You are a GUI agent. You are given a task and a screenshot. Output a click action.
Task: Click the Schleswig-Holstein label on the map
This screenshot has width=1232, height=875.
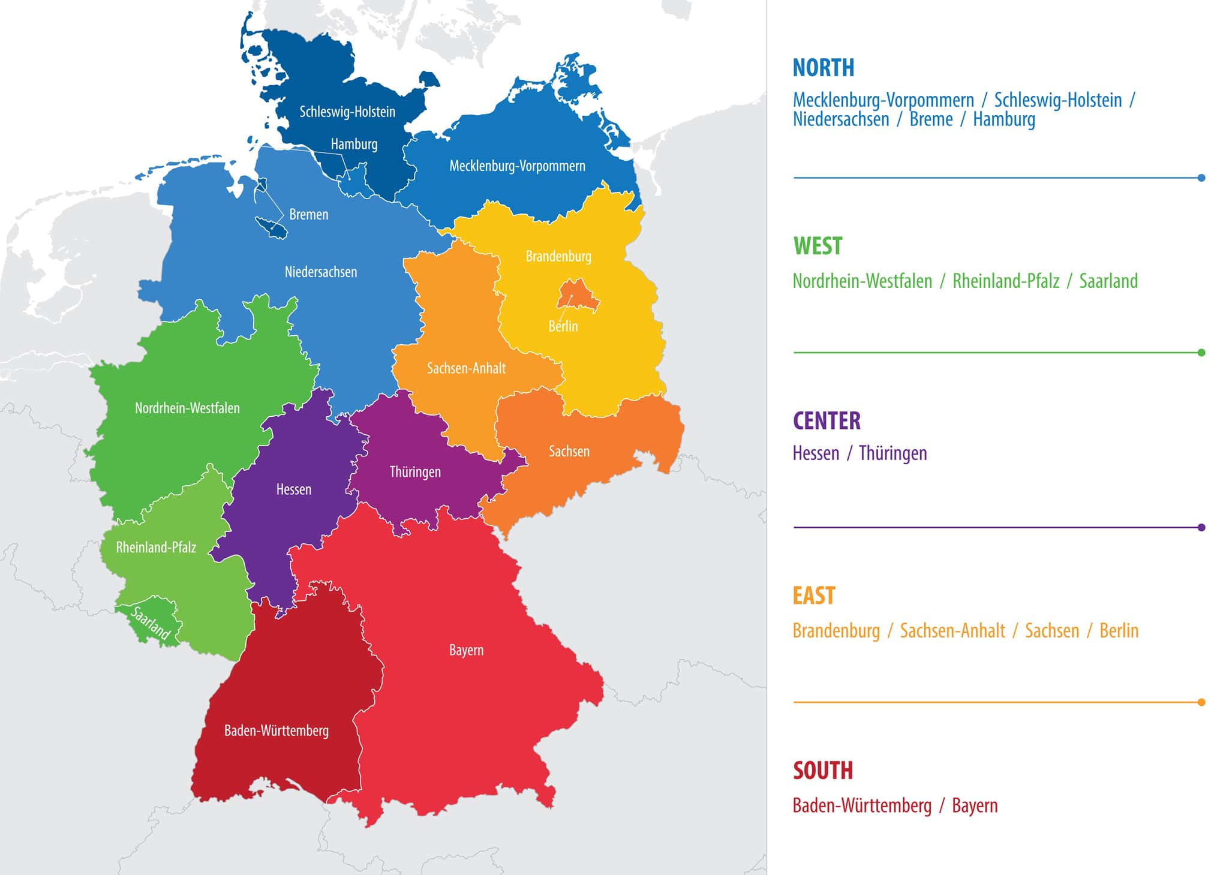pyautogui.click(x=347, y=112)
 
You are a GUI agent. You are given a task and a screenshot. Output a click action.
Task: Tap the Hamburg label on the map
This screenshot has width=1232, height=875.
pyautogui.click(x=354, y=144)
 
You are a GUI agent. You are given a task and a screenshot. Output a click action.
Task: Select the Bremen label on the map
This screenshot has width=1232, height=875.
pyautogui.click(x=308, y=214)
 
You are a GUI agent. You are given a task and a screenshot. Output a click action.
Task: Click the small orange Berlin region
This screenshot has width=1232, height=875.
pyautogui.click(x=576, y=296)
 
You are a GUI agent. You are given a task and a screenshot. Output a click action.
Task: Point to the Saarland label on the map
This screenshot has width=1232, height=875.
pyautogui.click(x=151, y=623)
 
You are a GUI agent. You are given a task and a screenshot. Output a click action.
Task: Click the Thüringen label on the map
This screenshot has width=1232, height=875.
pyautogui.click(x=415, y=472)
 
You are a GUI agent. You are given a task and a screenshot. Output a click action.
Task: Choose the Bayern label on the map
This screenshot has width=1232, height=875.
pyautogui.click(x=466, y=650)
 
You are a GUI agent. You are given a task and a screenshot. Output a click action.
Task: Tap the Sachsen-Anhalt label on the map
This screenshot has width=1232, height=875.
pyautogui.click(x=466, y=368)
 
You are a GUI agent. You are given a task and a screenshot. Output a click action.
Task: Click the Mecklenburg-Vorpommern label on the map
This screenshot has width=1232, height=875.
pyautogui.click(x=517, y=166)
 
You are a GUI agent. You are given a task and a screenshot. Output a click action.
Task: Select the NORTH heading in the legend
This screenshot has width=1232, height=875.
pyautogui.click(x=823, y=68)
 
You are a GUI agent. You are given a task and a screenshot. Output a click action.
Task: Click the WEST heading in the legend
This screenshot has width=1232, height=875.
pyautogui.click(x=818, y=246)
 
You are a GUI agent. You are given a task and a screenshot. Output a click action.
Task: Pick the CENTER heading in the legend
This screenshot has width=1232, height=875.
pyautogui.click(x=827, y=421)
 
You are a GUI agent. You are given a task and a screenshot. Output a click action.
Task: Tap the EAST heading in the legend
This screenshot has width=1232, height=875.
pyautogui.click(x=813, y=596)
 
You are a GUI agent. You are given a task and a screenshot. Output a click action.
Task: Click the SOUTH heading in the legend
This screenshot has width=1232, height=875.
pyautogui.click(x=822, y=771)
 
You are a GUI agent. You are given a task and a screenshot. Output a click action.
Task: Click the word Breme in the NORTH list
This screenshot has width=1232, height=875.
pyautogui.click(x=931, y=119)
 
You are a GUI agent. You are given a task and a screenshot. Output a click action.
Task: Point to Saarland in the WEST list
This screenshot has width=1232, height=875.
pyautogui.click(x=1108, y=281)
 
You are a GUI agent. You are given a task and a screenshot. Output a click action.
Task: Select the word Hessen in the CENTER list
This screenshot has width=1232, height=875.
pyautogui.click(x=816, y=453)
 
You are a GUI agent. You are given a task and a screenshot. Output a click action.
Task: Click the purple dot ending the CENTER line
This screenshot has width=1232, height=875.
pyautogui.click(x=1201, y=528)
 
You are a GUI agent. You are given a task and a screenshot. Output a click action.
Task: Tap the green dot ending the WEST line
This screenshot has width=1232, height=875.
pyautogui.click(x=1201, y=353)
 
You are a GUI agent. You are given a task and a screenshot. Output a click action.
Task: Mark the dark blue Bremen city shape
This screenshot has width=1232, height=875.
pyautogui.click(x=271, y=227)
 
